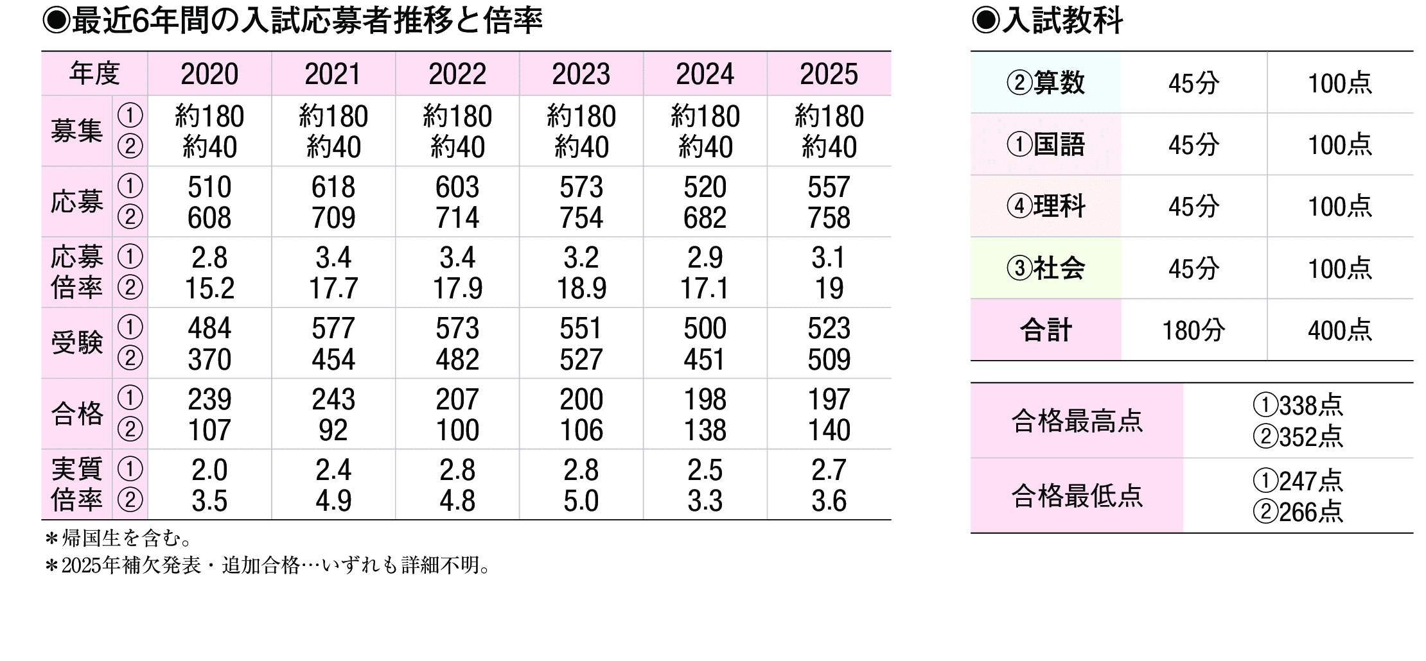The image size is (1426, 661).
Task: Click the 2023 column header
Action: pos(581,74)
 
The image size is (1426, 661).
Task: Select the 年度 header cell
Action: pos(94,74)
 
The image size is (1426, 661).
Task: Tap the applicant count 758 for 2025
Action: pos(829,218)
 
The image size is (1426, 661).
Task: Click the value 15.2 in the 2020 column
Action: pos(209,289)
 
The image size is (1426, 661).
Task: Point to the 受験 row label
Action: pos(77,343)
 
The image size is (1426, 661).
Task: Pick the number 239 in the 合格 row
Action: pos(209,399)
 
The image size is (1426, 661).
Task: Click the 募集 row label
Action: pos(77,132)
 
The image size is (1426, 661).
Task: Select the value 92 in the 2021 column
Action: pos(333,430)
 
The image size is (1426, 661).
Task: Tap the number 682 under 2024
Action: pos(705,218)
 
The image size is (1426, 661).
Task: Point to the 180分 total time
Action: pos(1193,330)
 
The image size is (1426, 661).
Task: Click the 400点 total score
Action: pos(1340,330)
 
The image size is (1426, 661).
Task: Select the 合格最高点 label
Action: pos(1077,421)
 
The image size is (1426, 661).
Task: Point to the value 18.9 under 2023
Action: pos(581,289)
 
